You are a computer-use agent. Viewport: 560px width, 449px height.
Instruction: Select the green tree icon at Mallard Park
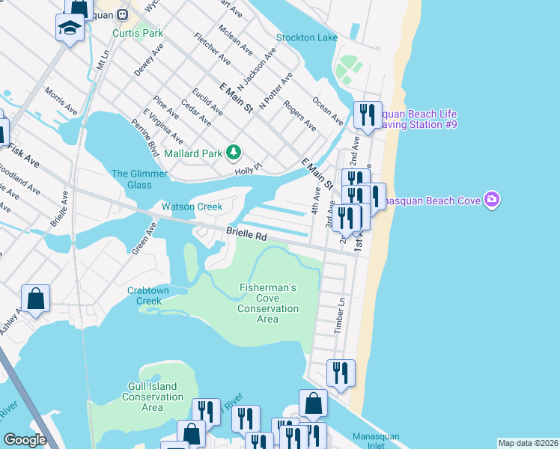coord(234,153)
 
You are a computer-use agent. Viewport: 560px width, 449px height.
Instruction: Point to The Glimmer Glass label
coord(132,180)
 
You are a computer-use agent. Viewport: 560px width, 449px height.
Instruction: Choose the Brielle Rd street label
coord(246,235)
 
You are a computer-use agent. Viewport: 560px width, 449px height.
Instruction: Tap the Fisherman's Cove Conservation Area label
coord(267,303)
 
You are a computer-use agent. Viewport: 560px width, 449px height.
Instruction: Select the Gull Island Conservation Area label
coord(152,397)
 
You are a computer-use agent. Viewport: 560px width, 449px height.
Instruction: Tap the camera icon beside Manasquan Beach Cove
coord(492,199)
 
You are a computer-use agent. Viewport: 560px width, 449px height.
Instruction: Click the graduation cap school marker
coord(70,28)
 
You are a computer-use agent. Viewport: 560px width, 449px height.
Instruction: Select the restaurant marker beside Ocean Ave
coord(367,114)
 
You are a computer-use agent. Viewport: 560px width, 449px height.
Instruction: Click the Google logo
coord(25,439)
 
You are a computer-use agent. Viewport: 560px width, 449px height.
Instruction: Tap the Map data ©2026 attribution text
coord(527,443)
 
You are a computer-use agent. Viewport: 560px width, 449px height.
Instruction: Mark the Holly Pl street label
coord(248,171)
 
